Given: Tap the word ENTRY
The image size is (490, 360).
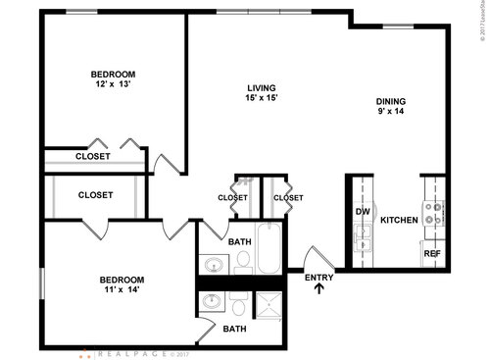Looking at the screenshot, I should click(319, 278).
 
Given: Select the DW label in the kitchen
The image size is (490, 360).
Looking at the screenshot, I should click(362, 211).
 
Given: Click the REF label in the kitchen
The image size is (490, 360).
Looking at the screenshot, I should click(431, 253).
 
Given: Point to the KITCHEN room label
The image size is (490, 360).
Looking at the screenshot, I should click(399, 220).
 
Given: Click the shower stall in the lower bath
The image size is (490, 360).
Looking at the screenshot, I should click(268, 306).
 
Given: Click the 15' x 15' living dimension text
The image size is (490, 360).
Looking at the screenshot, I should click(262, 98).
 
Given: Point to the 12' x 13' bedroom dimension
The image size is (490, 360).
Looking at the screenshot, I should click(113, 84).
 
